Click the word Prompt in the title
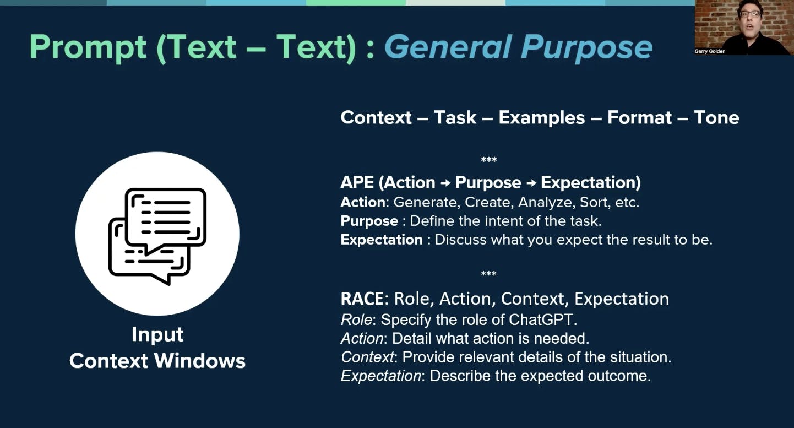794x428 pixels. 88,47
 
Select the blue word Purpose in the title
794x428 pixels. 586,47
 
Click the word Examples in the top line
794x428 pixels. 542,118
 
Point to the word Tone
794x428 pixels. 716,117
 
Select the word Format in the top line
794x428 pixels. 639,117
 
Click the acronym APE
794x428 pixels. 357,182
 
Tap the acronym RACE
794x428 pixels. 362,299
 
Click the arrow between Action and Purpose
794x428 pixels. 445,183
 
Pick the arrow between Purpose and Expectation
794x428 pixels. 531,183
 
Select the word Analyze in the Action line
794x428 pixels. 545,203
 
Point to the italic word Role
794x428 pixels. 356,319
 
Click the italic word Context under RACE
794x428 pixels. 368,357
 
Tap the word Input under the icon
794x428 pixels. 157,335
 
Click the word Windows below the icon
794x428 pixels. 200,361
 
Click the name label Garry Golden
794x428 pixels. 710,51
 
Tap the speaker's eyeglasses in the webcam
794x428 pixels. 750,14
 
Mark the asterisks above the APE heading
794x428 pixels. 489,160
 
